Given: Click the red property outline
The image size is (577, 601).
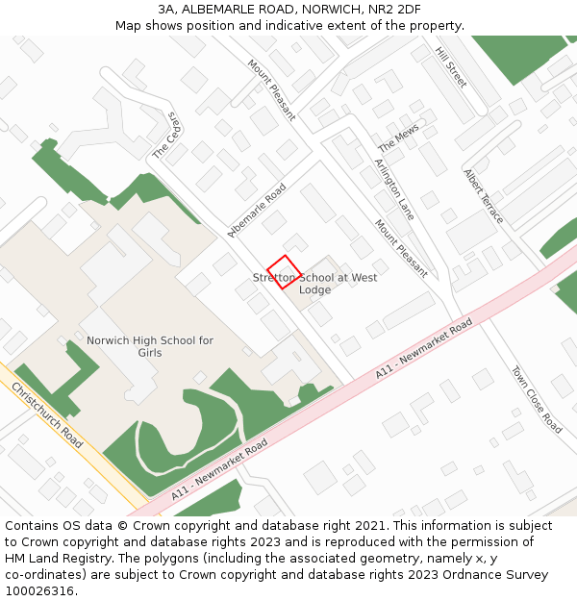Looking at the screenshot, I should tap(284, 271).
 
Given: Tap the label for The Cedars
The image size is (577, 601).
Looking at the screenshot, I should tap(167, 137).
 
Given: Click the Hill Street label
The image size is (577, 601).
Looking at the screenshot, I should tap(451, 67).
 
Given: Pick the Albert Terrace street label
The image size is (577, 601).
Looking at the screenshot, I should tap(484, 196).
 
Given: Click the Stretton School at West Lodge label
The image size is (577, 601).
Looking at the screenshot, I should tap(314, 284).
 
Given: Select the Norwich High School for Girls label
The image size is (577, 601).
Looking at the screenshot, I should tap(150, 346).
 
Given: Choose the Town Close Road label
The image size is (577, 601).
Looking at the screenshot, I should tap(537, 399).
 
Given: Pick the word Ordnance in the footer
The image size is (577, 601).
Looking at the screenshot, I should tap(461, 575).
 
